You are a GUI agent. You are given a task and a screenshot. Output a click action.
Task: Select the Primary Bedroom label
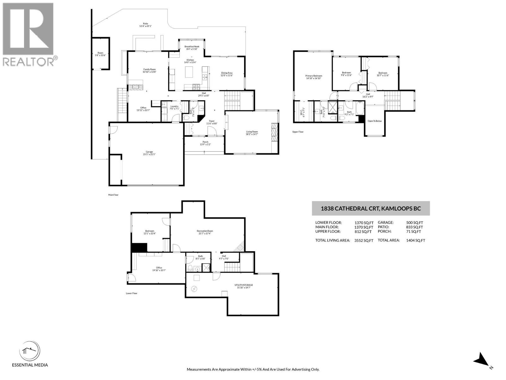313,77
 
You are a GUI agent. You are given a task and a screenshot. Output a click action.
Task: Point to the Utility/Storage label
244,286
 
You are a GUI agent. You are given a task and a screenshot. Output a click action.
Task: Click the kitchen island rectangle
190,74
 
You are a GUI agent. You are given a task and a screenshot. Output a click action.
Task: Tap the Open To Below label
374,121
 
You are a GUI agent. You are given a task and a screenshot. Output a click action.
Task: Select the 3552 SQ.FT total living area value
364,240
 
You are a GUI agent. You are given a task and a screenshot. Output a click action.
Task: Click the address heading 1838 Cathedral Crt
371,208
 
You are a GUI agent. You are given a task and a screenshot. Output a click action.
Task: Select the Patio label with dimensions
145,25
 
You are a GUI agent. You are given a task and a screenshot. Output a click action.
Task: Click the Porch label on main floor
205,143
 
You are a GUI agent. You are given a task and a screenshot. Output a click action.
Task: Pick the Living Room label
252,133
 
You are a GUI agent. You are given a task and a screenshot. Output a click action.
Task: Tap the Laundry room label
175,107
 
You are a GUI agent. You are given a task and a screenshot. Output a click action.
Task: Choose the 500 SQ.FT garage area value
414,223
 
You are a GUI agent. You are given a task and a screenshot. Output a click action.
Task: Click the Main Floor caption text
113,195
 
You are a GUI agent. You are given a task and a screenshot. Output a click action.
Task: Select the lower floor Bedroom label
150,232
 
